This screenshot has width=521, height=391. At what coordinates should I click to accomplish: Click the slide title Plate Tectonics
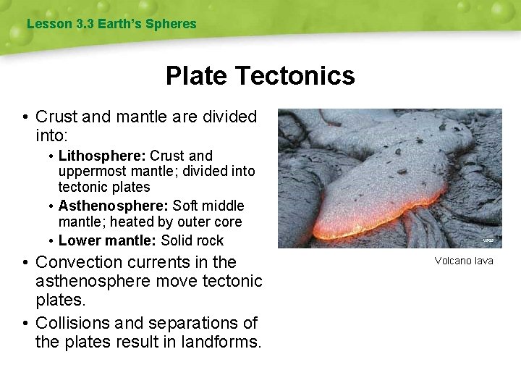pyautogui.click(x=260, y=75)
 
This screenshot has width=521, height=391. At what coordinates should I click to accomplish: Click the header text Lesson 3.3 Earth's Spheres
pyautogui.click(x=111, y=24)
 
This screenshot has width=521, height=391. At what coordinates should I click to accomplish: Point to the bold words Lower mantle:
pyautogui.click(x=107, y=240)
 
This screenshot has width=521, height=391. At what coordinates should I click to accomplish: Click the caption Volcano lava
pyautogui.click(x=464, y=261)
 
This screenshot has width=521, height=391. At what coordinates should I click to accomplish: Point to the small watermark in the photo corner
pyautogui.click(x=488, y=240)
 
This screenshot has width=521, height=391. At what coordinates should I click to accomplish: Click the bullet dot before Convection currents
pyautogui.click(x=25, y=262)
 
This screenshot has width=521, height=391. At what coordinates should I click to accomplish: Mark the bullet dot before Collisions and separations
pyautogui.click(x=25, y=323)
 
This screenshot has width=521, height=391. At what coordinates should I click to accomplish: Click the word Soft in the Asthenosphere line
pyautogui.click(x=186, y=206)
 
